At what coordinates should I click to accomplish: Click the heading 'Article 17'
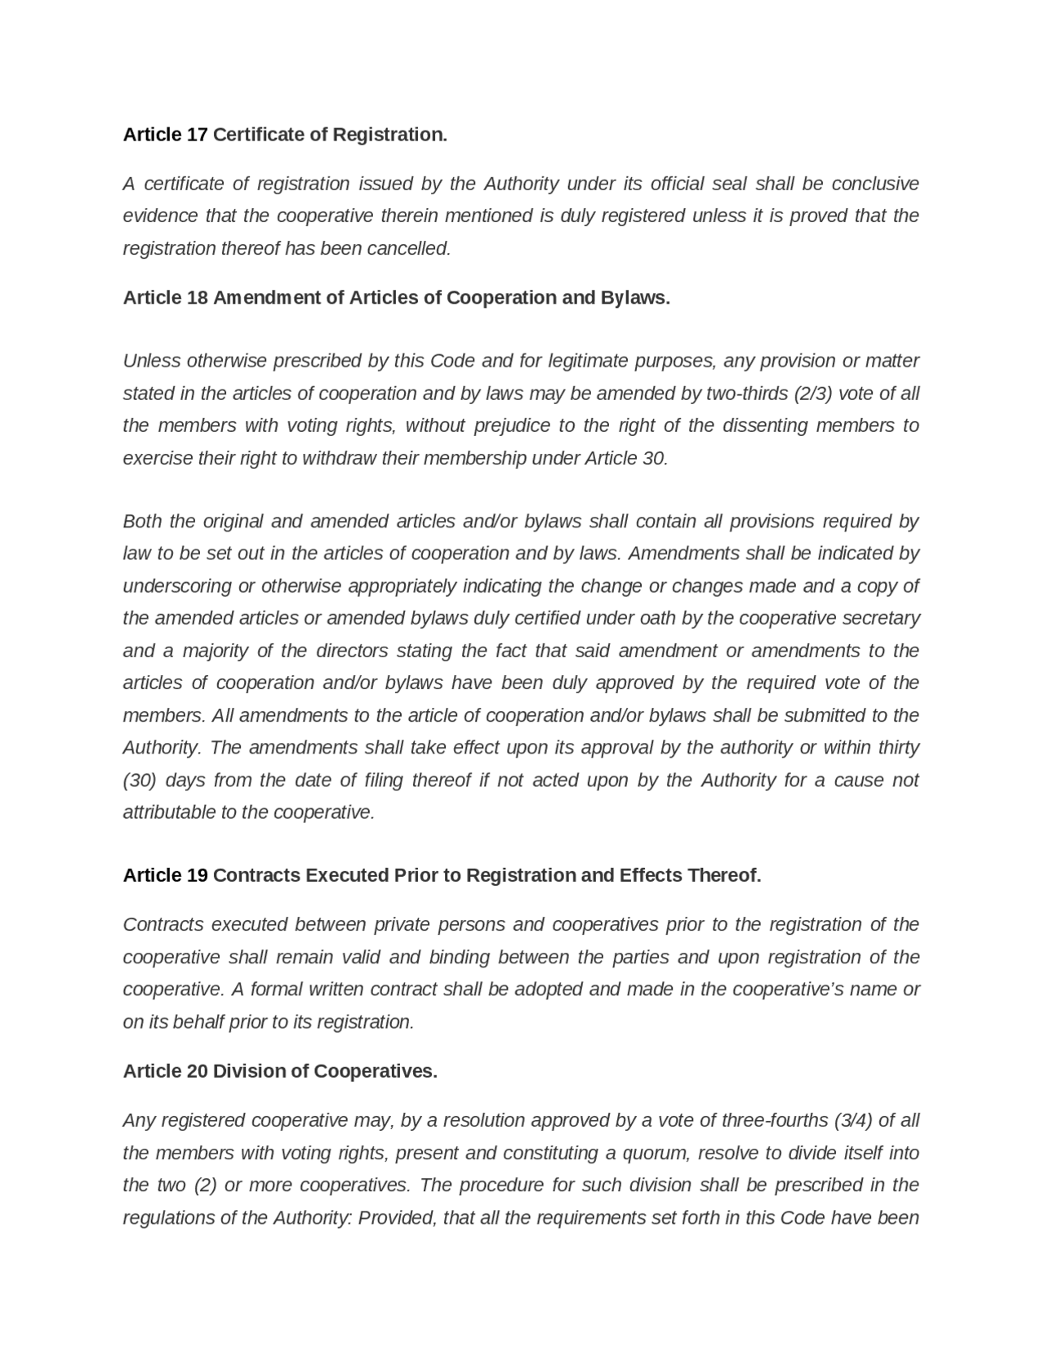coord(165,135)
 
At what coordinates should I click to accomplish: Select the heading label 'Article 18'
coord(165,298)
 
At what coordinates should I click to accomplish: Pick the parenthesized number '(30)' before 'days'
coord(140,781)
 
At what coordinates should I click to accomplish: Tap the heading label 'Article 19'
coord(165,876)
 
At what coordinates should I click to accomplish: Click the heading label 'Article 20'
coord(165,1071)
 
